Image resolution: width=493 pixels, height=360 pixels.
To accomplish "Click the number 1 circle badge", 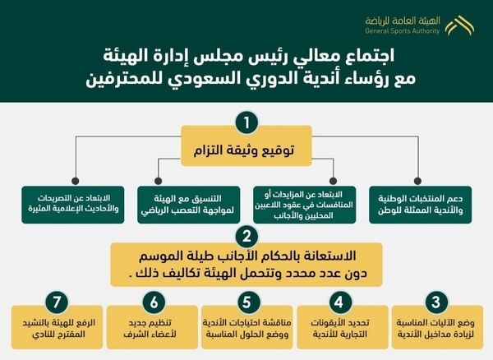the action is (246, 122).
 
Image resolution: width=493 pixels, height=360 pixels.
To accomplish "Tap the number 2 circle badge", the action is (246, 236).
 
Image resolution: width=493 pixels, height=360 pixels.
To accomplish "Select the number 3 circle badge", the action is (435, 302).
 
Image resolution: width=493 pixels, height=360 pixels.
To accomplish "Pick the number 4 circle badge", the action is (339, 302).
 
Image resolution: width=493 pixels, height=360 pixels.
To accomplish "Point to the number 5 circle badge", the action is (246, 302).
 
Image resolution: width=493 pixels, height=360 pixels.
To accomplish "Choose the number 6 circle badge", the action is (154, 302).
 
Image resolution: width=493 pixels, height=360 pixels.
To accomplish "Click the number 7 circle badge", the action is (56, 302).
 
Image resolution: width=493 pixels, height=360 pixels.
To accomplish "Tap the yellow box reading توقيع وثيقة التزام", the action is (246, 146).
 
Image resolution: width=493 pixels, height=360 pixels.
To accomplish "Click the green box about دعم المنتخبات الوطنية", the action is (421, 205).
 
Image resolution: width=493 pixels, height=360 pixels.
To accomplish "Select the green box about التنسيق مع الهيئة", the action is (189, 205).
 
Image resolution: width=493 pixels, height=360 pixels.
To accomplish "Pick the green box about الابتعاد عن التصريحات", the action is (73, 205).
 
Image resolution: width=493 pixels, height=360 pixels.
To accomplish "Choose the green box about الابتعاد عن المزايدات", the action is (305, 205).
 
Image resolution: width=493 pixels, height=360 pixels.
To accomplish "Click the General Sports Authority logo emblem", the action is (459, 25).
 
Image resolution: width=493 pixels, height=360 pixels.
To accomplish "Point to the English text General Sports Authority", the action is (402, 30).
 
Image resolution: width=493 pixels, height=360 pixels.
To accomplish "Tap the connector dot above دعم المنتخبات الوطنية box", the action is (417, 181).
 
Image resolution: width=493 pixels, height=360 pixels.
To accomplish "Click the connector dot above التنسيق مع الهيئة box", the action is (159, 181).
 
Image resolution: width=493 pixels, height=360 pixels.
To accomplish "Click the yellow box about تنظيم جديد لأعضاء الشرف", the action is (152, 327).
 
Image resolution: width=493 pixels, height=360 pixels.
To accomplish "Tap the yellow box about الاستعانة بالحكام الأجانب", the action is (246, 265).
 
